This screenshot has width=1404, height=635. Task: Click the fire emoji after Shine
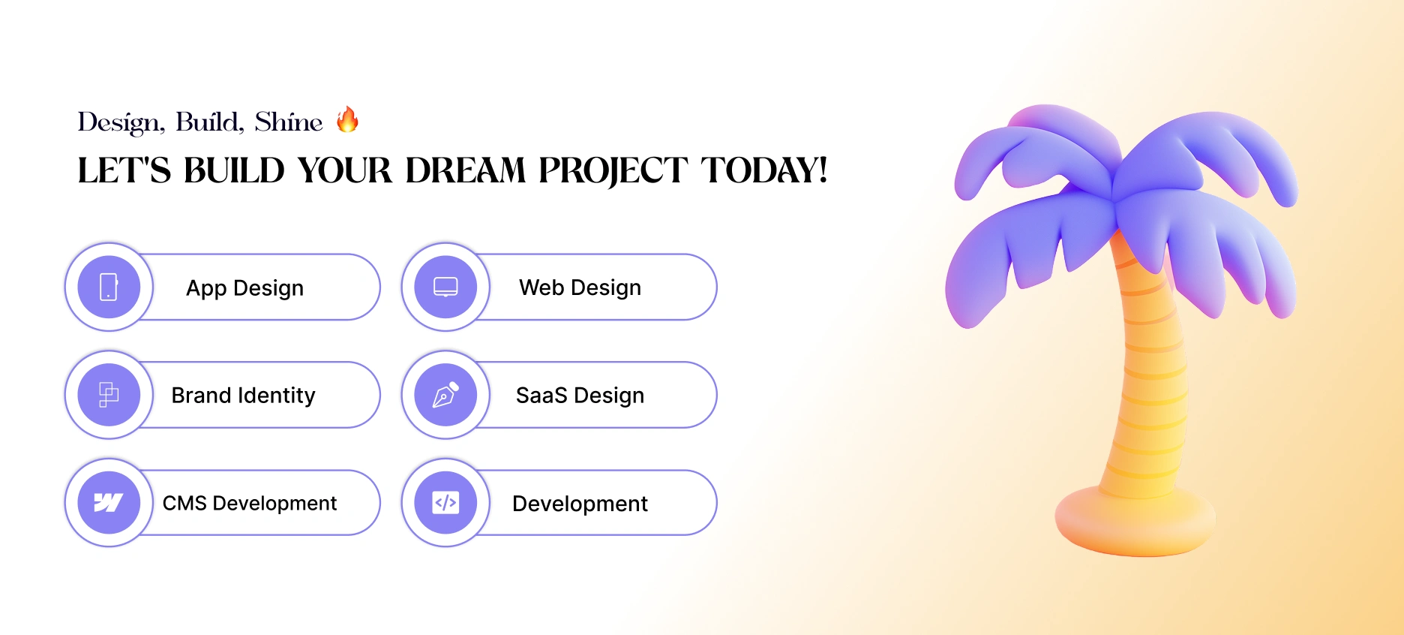coord(347,119)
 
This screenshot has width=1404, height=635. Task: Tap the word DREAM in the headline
coord(465,170)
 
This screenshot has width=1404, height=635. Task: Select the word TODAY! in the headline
coord(764,170)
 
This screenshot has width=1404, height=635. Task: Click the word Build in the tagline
coord(209,122)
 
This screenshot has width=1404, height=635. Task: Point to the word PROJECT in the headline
coord(613,171)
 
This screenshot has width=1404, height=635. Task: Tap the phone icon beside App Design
coord(109,287)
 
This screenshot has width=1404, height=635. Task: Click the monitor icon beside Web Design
coord(445,287)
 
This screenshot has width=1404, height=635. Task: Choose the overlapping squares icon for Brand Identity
coord(109,395)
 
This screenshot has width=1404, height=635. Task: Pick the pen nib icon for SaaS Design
coord(445,395)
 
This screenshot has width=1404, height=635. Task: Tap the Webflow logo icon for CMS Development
coord(109,503)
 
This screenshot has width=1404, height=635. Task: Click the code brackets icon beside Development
coord(445,503)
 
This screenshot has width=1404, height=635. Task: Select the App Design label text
coord(245,288)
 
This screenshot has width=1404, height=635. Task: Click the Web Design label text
coord(580,287)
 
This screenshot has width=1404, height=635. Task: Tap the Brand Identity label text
coord(244,396)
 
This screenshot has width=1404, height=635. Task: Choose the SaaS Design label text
coord(580,396)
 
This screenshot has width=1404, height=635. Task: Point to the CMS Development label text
coord(250,503)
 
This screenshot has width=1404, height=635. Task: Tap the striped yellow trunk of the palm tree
coord(1147,375)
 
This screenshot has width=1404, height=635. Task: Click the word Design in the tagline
coord(121,122)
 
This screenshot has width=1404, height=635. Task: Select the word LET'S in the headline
coord(124,170)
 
